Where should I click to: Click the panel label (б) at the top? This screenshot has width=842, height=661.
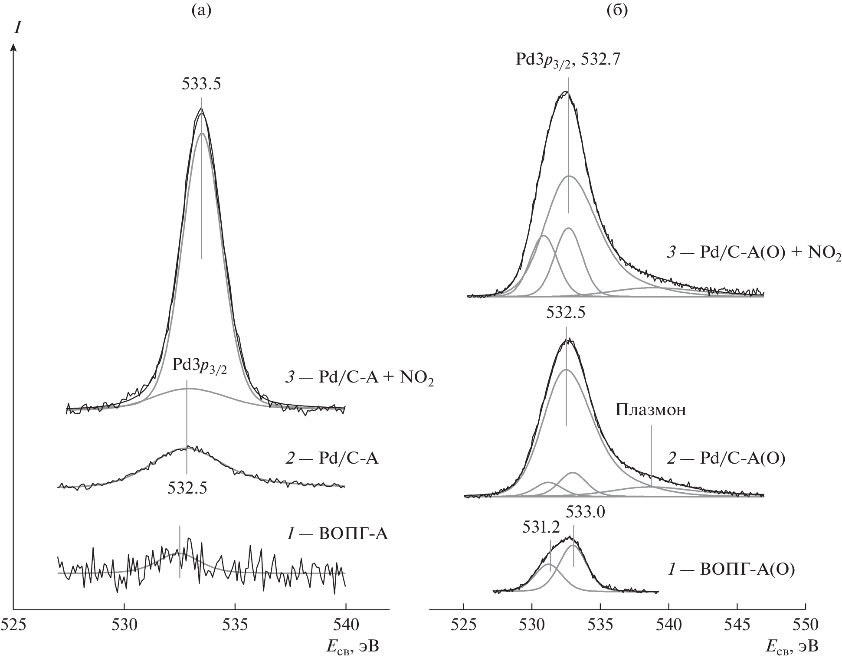[617, 10]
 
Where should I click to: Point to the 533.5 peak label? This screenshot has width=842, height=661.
[201, 84]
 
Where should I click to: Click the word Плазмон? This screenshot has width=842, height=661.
[651, 410]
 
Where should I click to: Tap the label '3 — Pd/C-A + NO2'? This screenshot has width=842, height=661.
[359, 379]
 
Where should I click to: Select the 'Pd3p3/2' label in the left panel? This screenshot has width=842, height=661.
[199, 365]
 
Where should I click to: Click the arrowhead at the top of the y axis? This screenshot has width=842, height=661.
[14, 46]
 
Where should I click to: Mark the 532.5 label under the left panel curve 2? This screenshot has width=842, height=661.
[187, 488]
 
